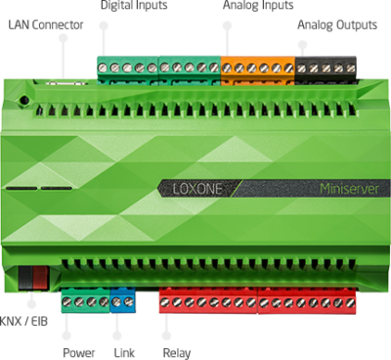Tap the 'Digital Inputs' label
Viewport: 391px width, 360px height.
(133, 6)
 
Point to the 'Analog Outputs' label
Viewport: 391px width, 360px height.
(338, 22)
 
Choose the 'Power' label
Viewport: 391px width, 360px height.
(78, 351)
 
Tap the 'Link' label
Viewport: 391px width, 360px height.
(124, 351)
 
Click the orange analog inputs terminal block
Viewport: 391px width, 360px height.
(256, 68)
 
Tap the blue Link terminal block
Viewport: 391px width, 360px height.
(123, 302)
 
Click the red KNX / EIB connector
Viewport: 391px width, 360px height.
(33, 276)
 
